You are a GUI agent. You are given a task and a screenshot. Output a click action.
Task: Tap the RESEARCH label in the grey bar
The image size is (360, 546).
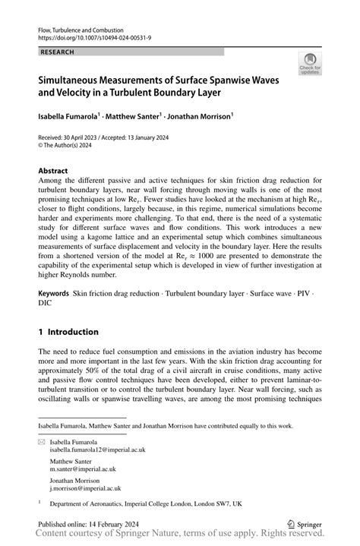[x=58, y=52]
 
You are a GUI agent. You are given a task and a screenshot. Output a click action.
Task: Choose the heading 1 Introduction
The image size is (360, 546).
[x=68, y=332]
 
